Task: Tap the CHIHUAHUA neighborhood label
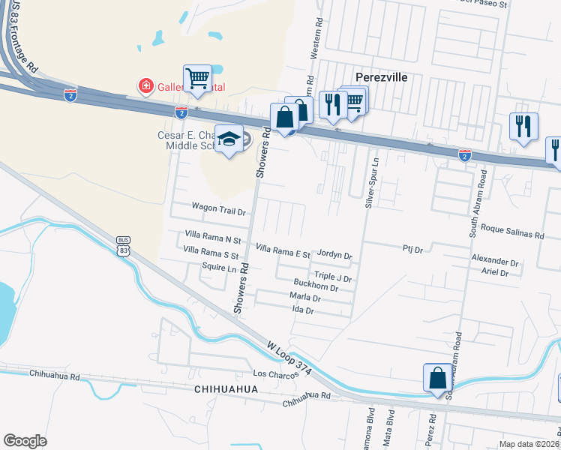point(225,390)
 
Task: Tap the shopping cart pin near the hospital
point(197,78)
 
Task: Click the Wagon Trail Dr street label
point(219,211)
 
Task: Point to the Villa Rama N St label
point(212,240)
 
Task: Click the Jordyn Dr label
point(335,256)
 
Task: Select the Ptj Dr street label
point(413,248)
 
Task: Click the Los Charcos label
point(271,373)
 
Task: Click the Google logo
point(25,441)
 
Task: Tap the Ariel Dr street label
point(495,273)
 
